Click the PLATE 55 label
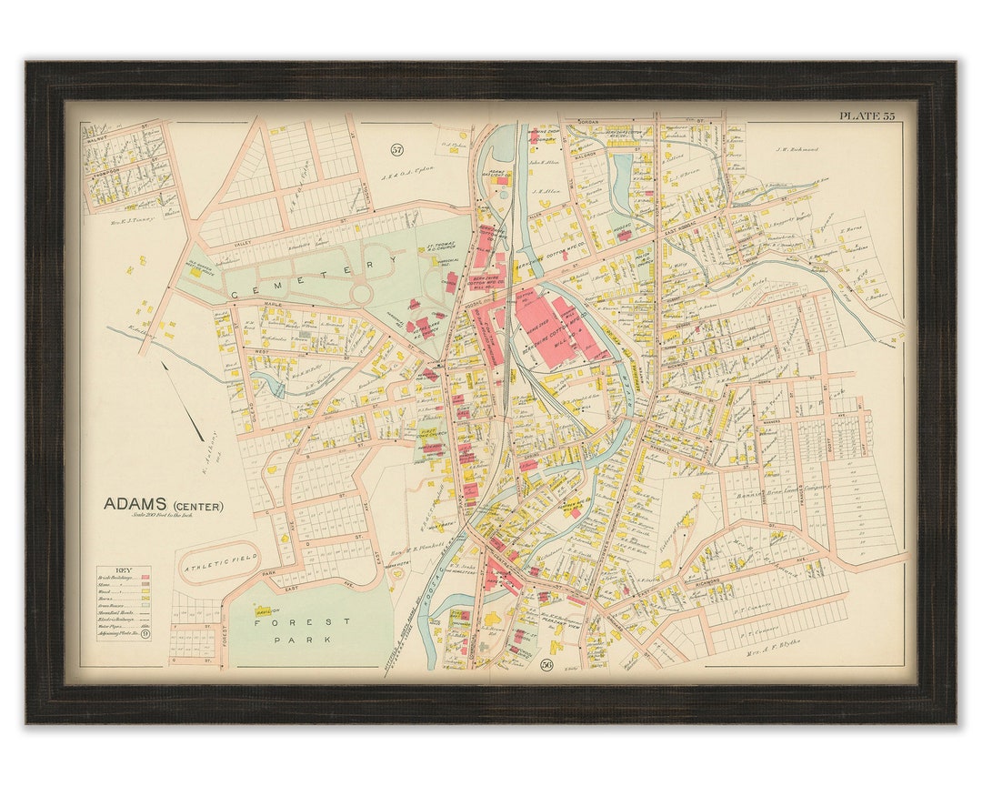tap(867, 116)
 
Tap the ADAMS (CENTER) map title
tap(163, 504)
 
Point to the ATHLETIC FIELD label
tap(222, 558)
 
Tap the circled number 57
tap(396, 150)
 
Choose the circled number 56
tap(546, 665)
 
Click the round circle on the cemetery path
tap(361, 295)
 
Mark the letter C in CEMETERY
tap(235, 293)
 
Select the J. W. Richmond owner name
tap(797, 149)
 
